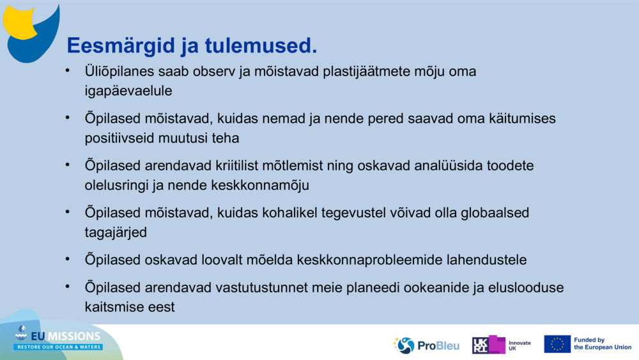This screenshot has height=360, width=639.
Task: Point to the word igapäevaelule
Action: click(x=128, y=91)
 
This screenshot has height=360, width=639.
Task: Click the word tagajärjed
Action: click(x=116, y=232)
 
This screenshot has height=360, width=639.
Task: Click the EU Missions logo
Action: click(x=58, y=339)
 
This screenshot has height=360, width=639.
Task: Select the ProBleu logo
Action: click(x=426, y=345)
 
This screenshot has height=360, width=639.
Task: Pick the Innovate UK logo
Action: click(x=502, y=345)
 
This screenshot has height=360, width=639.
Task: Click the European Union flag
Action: click(x=557, y=344)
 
